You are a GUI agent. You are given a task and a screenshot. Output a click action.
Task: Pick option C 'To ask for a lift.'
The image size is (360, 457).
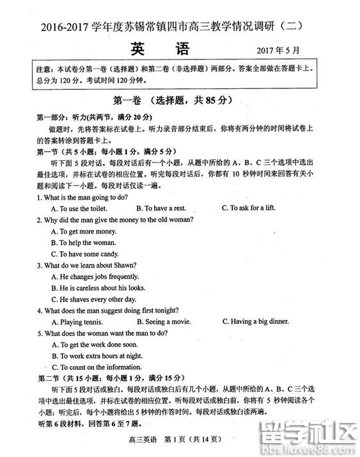coord(249,208)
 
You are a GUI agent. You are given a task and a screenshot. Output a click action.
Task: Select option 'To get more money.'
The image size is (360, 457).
coord(83,231)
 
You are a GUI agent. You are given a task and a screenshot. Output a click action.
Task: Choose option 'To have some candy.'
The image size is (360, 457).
coord(84,254)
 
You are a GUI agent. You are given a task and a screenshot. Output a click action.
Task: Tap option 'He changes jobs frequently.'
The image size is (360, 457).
coord(94,277)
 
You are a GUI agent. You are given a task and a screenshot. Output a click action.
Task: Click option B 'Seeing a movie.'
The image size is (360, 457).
coord(164,322)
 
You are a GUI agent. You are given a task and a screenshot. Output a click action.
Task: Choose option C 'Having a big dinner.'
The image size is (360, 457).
coord(255,321)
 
